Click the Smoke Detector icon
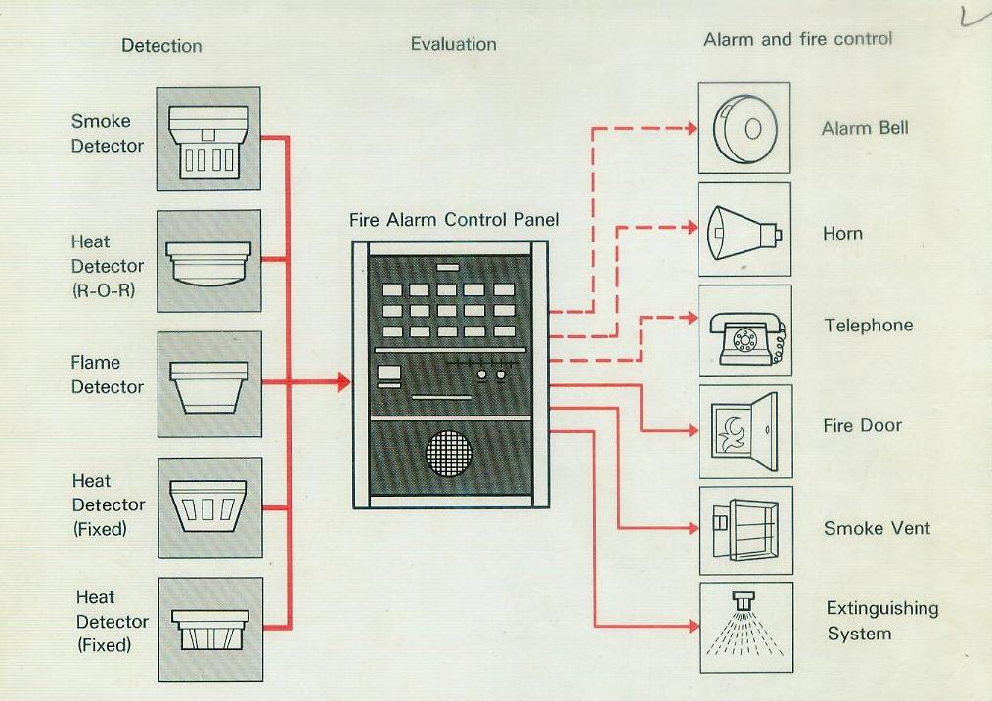208,138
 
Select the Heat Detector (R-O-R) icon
208,261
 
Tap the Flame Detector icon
208,383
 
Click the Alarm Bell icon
744,128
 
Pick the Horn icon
744,230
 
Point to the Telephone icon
744,331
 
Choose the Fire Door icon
744,431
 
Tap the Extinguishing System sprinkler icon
745,626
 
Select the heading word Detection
161,46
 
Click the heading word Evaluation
453,44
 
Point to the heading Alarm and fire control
797,40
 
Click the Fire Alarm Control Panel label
454,220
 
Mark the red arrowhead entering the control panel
342,382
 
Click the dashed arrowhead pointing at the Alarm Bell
691,128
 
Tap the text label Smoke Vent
877,529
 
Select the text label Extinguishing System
881,621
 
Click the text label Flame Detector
107,374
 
